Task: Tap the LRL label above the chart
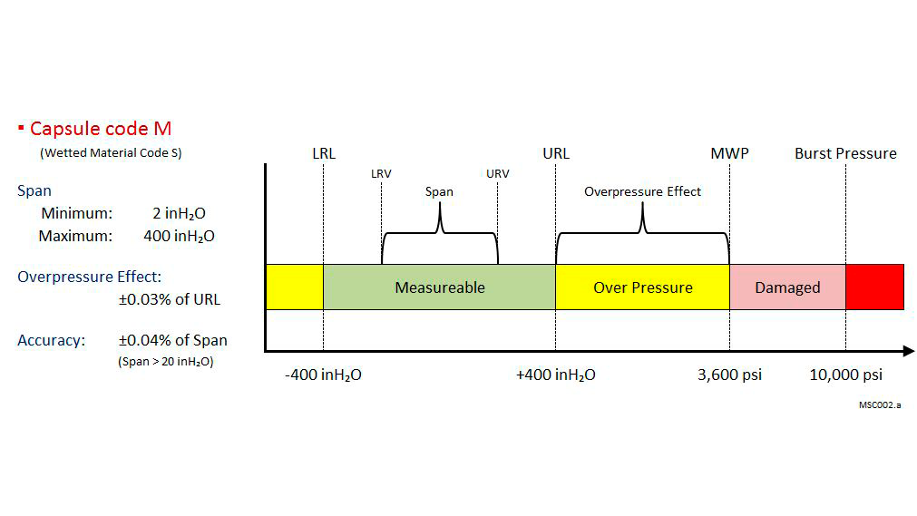(x=323, y=153)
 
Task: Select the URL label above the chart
(x=556, y=153)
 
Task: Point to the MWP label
(x=729, y=153)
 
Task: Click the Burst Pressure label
(x=845, y=153)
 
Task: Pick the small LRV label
(x=381, y=173)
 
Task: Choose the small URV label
(x=498, y=173)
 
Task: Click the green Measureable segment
(x=439, y=287)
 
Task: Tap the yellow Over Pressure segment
(x=642, y=287)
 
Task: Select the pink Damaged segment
(x=787, y=287)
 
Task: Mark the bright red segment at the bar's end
(x=874, y=287)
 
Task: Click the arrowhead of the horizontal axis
(x=908, y=351)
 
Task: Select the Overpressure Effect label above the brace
(x=642, y=191)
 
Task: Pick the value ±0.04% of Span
(x=172, y=341)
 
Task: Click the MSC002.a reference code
(x=879, y=404)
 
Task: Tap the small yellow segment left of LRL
(x=294, y=287)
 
